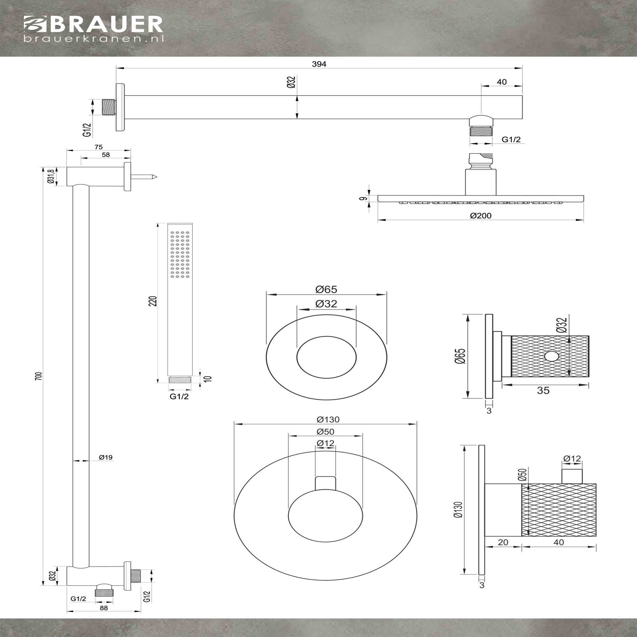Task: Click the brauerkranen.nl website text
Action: [x=94, y=39]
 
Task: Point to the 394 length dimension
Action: [x=319, y=64]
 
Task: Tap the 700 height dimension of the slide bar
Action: [x=38, y=376]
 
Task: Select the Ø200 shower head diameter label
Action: [x=481, y=216]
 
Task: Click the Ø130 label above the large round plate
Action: [x=328, y=419]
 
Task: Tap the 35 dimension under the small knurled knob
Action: [x=543, y=390]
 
